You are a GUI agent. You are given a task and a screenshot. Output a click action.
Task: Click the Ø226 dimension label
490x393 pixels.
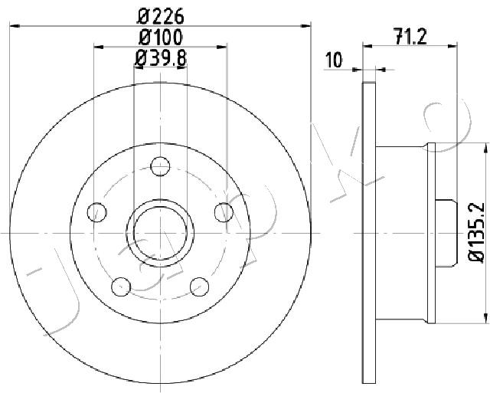click(160, 17)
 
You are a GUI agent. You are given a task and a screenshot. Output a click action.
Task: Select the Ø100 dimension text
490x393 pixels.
click(160, 38)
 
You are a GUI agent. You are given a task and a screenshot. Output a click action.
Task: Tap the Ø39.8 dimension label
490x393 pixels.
click(161, 58)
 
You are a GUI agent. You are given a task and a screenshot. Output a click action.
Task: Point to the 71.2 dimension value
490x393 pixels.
click(410, 37)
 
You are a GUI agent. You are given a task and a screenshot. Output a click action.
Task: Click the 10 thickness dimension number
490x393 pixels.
click(334, 60)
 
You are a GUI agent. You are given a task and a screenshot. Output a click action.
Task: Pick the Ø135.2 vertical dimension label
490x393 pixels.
click(477, 231)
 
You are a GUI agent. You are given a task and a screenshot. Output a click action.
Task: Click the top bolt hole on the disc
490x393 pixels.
click(160, 166)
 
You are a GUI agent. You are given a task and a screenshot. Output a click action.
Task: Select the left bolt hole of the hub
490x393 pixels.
click(97, 212)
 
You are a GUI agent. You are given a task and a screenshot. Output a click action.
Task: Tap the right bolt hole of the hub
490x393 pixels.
click(224, 212)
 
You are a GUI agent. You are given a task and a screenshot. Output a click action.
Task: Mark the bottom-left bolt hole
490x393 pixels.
click(121, 287)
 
